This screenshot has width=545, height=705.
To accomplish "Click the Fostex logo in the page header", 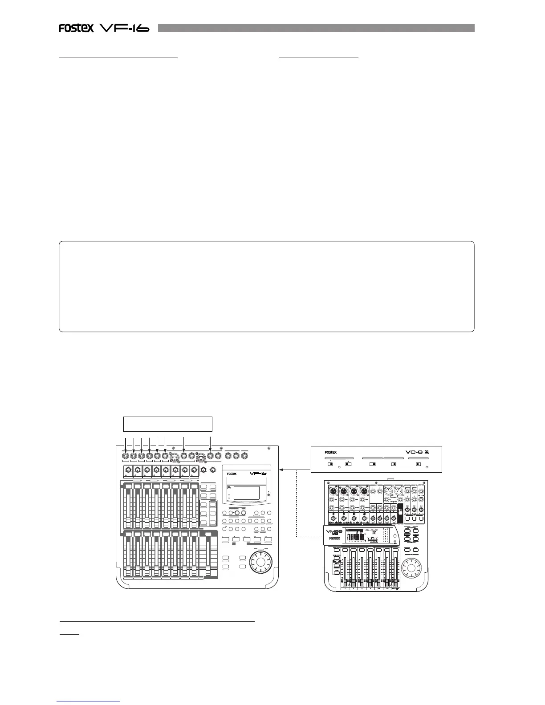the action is click(x=76, y=28).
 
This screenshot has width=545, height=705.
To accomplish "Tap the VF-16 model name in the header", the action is click(x=124, y=28).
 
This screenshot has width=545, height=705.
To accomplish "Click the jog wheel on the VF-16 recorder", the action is click(x=259, y=564).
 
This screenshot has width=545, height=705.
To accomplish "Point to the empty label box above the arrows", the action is click(x=167, y=424).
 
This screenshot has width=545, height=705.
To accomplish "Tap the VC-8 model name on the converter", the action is click(x=416, y=452).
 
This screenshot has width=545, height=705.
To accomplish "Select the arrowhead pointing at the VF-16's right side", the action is click(x=281, y=469).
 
